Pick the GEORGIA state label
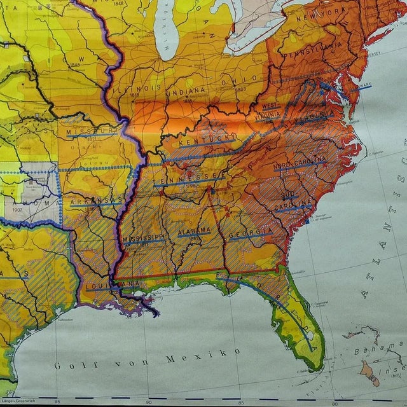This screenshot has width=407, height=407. click(250, 233)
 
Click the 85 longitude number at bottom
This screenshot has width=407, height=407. click(240, 401)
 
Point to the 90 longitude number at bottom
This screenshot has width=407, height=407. click(148, 401)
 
